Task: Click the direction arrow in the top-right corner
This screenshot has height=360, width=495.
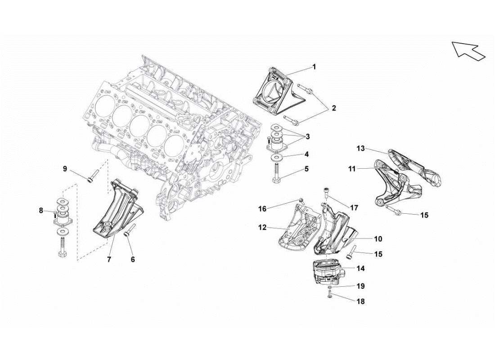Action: pos(468,50)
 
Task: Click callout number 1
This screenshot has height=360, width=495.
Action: pos(314,67)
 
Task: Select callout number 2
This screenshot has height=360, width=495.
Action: pos(333,108)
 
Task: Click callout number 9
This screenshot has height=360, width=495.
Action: pos(65,169)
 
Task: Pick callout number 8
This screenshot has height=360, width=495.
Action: pos(41,210)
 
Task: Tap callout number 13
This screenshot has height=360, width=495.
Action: pos(360,148)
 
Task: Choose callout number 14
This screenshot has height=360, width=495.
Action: pos(360,269)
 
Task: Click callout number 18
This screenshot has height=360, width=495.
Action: pos(360,301)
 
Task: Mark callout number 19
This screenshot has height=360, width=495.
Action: pos(360,286)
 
